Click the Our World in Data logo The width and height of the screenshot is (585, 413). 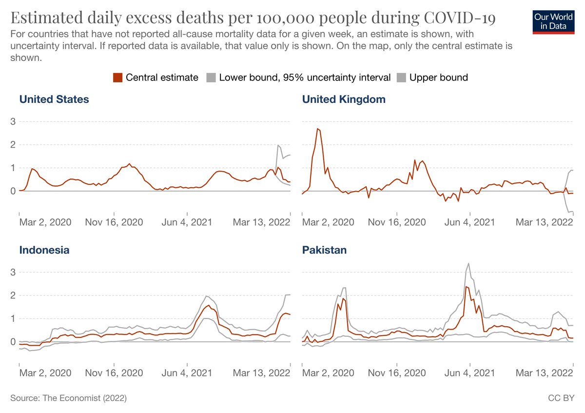[554, 21]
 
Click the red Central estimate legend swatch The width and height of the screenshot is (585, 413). [117, 78]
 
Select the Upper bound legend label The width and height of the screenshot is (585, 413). [438, 78]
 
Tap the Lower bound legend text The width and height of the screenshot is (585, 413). [305, 78]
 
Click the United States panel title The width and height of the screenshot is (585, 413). [54, 99]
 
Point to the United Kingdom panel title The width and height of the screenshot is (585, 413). [344, 99]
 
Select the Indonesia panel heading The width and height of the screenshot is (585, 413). [44, 250]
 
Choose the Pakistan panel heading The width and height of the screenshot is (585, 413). [324, 250]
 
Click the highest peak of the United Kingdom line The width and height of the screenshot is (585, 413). [318, 129]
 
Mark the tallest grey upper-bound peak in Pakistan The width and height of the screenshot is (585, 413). [468, 263]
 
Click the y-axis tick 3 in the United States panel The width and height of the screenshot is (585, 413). [13, 121]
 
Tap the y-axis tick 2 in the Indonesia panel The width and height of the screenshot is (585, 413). [13, 295]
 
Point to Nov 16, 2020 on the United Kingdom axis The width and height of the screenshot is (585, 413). [397, 222]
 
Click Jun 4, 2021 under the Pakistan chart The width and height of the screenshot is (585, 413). [470, 373]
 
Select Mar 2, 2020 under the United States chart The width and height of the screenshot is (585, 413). [45, 222]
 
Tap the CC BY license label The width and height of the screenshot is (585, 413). [561, 398]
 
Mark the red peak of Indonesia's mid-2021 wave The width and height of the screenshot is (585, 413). [209, 306]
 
